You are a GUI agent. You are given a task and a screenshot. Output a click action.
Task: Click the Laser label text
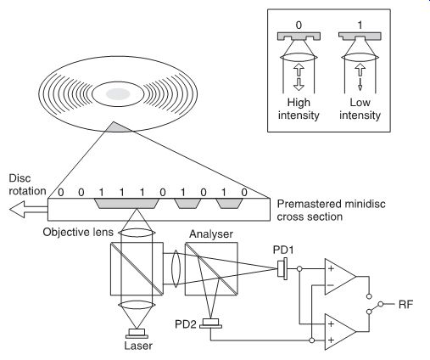(x=138, y=346)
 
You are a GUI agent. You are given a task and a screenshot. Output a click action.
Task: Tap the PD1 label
(x=283, y=250)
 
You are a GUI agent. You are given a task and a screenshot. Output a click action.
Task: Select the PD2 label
(x=185, y=324)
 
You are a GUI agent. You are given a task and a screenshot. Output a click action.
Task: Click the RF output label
(x=405, y=305)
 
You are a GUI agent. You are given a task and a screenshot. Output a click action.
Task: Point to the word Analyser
(x=211, y=234)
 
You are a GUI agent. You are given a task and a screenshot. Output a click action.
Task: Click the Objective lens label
(x=78, y=232)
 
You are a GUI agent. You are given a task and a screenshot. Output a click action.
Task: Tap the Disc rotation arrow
(x=28, y=210)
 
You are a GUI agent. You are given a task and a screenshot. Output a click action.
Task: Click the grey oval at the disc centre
(x=118, y=94)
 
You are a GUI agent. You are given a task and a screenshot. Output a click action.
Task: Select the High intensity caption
(x=299, y=109)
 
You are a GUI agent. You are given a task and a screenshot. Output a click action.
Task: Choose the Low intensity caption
(x=360, y=109)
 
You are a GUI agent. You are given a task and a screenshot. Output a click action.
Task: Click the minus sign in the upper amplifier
(x=331, y=284)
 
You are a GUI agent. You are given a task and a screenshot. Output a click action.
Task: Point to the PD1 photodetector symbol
(x=282, y=268)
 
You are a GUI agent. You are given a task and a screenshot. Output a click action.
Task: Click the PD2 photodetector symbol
(x=210, y=323)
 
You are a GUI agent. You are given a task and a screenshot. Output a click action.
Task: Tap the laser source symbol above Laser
(x=137, y=334)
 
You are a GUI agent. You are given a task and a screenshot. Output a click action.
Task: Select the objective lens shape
(x=137, y=233)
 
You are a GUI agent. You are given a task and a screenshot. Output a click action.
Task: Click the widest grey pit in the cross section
(x=126, y=203)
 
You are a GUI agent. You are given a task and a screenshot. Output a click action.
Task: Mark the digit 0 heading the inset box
(x=299, y=25)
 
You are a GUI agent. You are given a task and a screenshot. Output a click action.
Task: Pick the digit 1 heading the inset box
(x=360, y=25)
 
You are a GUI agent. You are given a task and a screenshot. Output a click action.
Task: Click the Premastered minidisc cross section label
(x=331, y=211)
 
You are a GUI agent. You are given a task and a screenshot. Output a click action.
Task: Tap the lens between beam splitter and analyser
(x=176, y=268)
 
